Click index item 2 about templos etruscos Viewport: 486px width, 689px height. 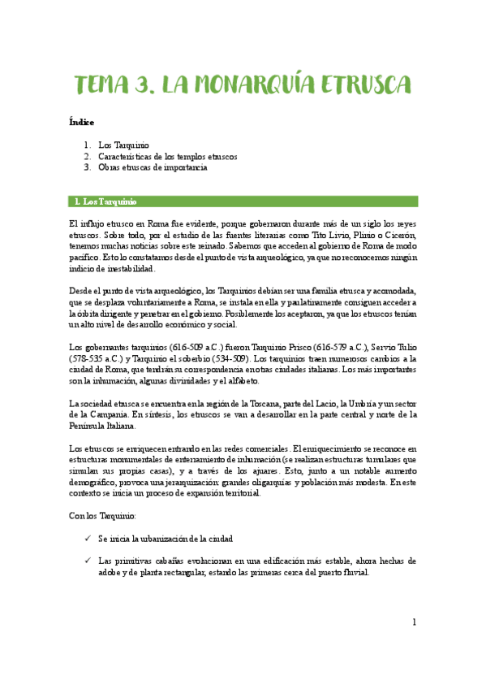click(167, 157)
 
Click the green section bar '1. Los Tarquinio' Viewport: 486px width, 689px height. click(243, 201)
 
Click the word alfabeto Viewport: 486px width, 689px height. click(241, 380)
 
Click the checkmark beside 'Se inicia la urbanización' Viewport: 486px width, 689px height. click(87, 539)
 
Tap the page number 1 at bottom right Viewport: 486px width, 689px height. click(414, 622)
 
